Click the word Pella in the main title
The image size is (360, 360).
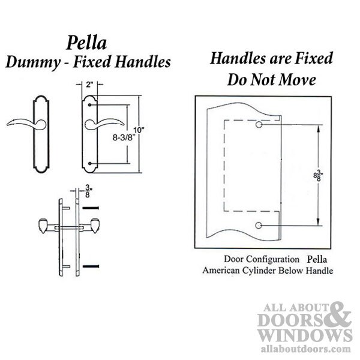86,43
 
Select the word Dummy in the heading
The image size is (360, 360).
33,62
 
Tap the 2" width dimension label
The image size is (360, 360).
89,85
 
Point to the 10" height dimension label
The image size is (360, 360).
139,130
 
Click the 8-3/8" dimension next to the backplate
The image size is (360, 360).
122,137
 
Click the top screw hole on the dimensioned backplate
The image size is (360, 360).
89,105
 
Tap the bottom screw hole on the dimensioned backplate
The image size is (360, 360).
89,164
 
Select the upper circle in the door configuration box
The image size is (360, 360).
259,125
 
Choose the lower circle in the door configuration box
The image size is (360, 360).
259,226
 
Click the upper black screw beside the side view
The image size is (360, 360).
91,208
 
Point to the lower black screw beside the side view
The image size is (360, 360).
91,266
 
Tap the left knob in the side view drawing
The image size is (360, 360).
43,226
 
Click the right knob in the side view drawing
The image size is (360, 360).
95,226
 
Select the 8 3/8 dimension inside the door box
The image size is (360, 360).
318,175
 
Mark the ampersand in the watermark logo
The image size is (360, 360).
340,314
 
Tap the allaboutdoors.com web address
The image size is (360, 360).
306,349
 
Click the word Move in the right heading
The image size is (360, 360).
298,80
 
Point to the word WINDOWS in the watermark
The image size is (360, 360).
305,335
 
